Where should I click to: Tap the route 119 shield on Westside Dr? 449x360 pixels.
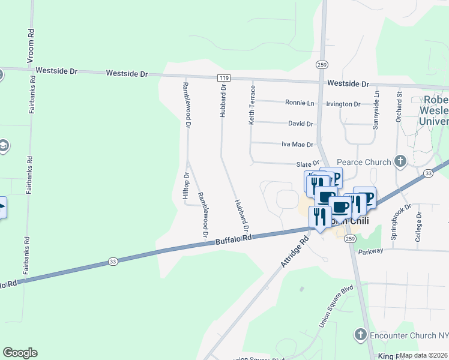(x=224, y=77)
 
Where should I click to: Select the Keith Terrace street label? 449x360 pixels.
(x=252, y=104)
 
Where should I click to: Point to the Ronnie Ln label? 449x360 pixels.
(x=300, y=103)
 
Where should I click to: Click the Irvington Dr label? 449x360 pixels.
(x=343, y=104)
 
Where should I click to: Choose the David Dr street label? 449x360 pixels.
(x=301, y=124)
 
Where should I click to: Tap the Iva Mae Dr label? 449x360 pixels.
(x=298, y=145)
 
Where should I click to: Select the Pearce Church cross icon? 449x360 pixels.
(x=400, y=161)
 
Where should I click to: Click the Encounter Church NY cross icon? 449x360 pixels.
(x=361, y=334)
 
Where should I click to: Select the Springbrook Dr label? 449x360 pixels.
(x=401, y=221)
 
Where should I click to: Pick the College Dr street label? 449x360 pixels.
(x=419, y=227)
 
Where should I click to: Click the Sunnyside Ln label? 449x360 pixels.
(x=376, y=110)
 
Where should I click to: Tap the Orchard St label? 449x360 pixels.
(x=399, y=107)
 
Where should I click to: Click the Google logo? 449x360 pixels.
(x=20, y=353)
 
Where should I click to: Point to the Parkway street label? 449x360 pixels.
(x=371, y=251)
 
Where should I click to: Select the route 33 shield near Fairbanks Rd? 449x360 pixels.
(x=113, y=261)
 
